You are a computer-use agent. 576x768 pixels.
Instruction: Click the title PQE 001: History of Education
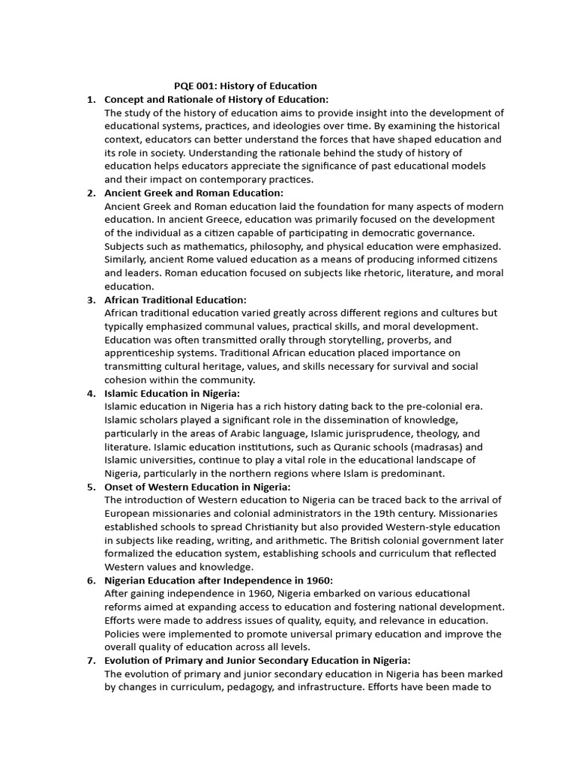tap(245, 86)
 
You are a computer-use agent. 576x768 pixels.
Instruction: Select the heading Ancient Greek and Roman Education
tap(188, 193)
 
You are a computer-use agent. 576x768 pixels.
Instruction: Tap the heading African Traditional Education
tap(175, 300)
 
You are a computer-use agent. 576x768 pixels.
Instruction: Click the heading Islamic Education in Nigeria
tap(172, 393)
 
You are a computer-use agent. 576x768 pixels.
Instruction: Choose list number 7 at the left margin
tap(91, 660)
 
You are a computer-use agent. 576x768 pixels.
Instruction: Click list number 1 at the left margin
tap(91, 100)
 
